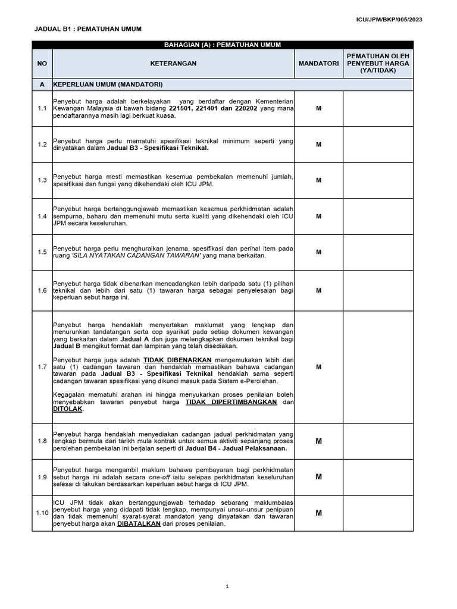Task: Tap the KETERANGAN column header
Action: pos(173,63)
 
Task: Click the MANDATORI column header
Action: pos(318,63)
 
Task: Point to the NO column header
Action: pos(42,63)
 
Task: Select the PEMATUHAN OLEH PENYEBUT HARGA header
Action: pos(377,63)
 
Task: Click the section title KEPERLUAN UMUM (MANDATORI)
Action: pos(108,85)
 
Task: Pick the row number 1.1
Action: pos(42,108)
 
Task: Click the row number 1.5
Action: pos(42,252)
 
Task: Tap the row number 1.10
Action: pos(42,513)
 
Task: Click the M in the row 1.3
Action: pos(318,180)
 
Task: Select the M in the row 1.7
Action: pos(318,367)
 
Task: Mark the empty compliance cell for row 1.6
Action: pos(377,290)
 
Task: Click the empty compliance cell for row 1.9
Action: pos(377,477)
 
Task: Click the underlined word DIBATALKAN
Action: pos(139,524)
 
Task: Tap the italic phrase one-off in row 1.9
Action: pos(160,477)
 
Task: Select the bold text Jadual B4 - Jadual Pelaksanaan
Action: pos(236,449)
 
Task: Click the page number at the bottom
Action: pos(227,586)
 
